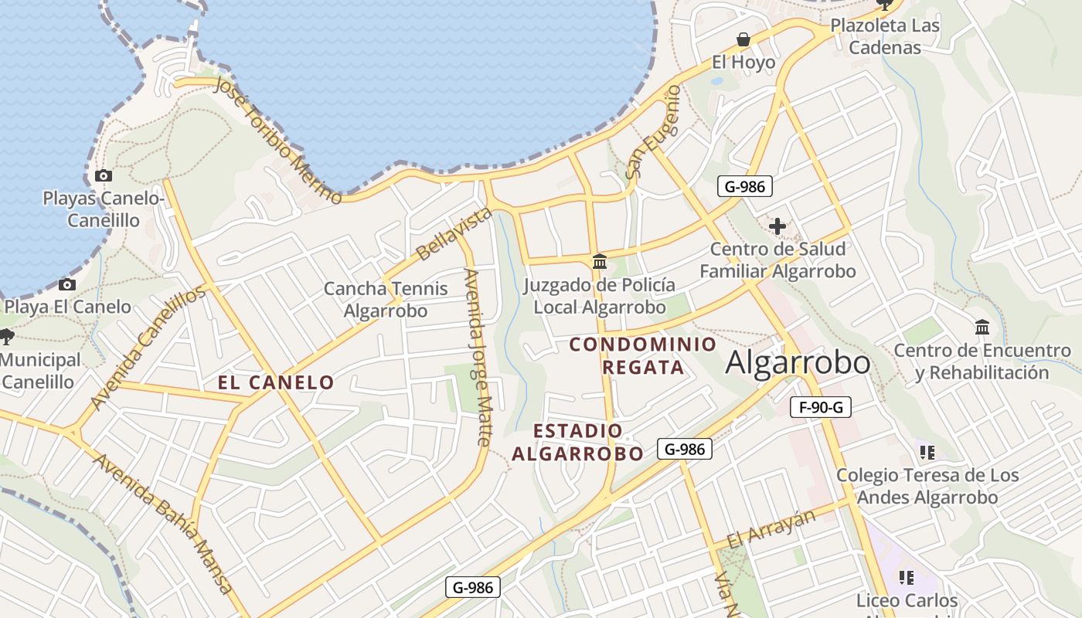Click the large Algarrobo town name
798,363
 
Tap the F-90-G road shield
820,407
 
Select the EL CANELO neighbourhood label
276,382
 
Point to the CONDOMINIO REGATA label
643,355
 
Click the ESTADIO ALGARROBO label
577,442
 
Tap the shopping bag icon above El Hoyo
743,39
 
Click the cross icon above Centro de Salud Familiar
777,226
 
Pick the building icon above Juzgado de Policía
599,261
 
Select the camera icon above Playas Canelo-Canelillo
103,175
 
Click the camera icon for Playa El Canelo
67,284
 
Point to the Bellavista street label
454,233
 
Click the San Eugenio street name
653,132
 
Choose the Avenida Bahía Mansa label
163,523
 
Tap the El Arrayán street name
772,528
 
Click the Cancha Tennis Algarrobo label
385,300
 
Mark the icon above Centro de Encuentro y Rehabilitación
982,328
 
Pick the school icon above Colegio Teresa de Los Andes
927,452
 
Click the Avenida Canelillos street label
148,348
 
